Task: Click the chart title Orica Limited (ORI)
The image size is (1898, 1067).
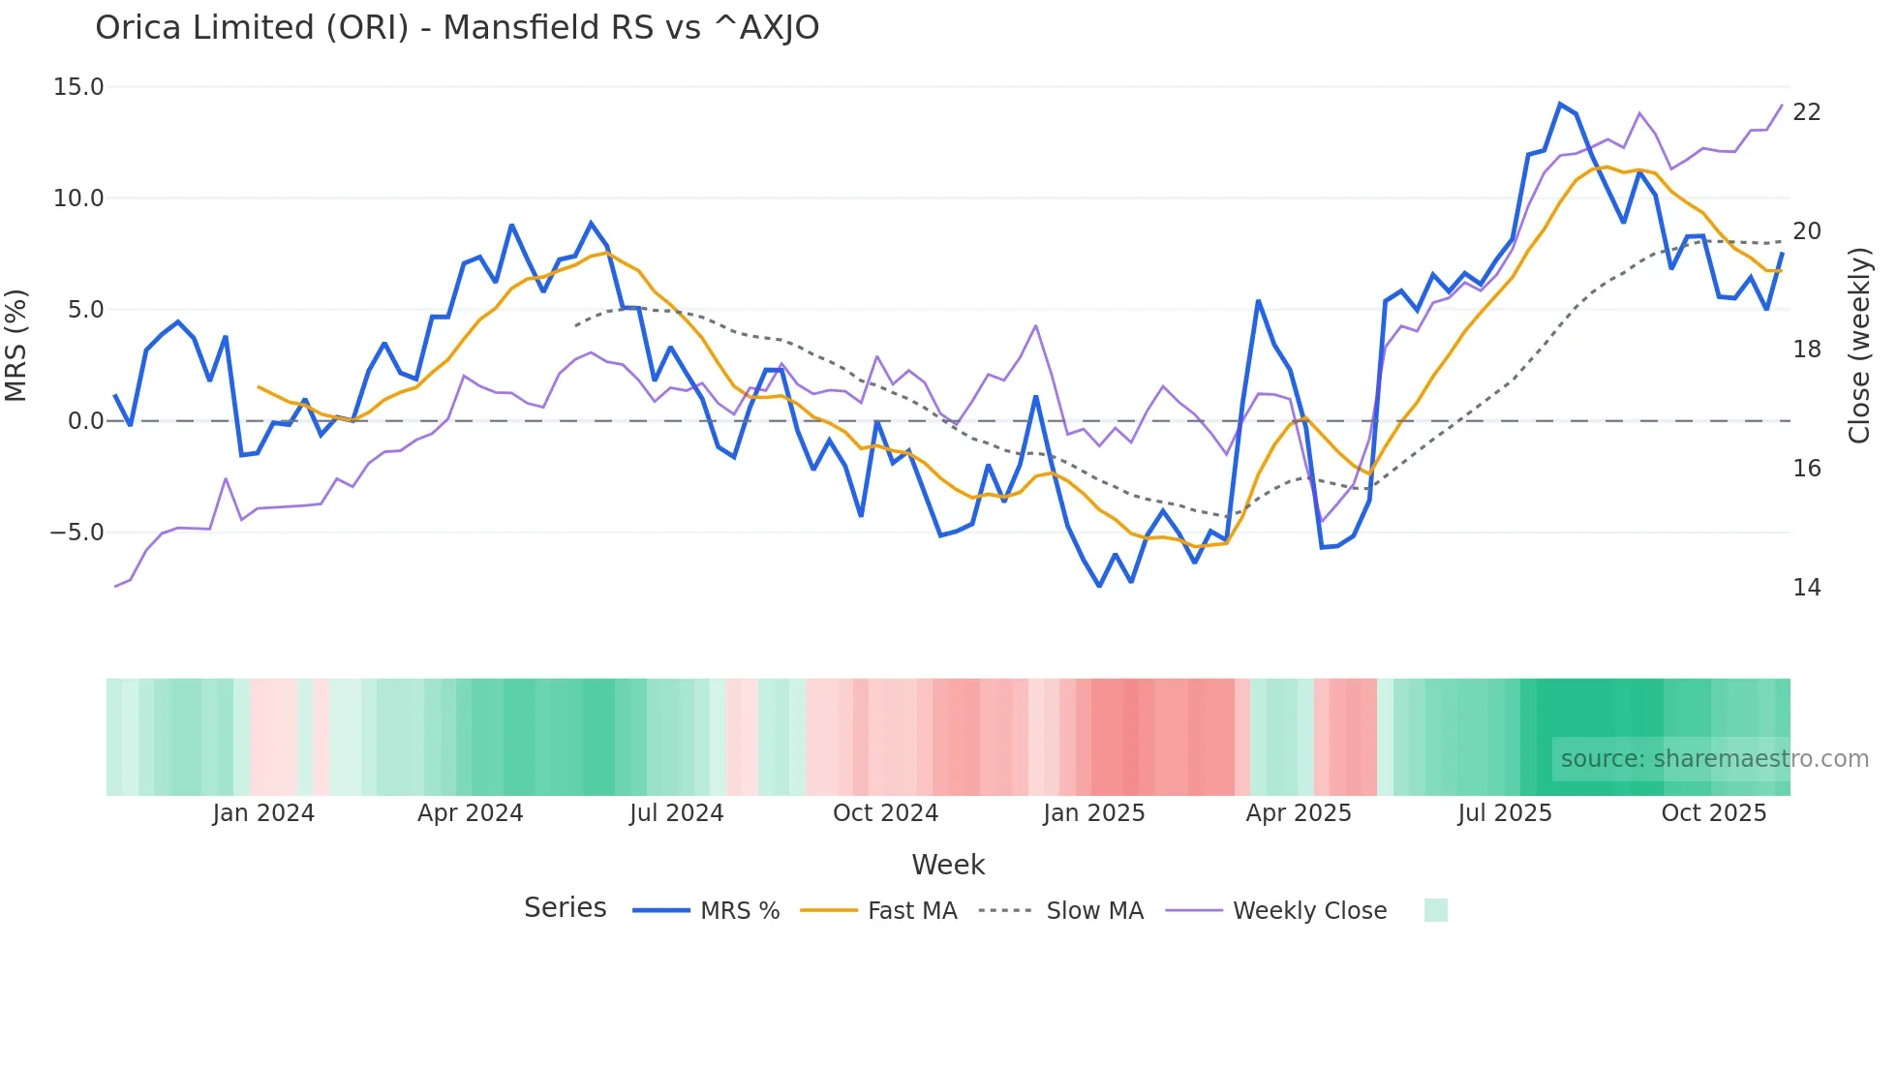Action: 456,28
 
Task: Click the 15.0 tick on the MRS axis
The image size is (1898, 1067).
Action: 78,87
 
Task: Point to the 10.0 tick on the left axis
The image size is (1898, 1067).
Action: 78,198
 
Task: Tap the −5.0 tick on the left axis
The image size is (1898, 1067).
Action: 77,533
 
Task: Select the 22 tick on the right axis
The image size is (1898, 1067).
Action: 1806,112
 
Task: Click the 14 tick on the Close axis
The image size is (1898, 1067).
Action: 1806,588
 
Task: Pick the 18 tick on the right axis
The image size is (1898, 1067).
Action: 1806,350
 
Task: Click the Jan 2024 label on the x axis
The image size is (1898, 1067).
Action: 263,813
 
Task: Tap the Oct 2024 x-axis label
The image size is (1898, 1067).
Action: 885,813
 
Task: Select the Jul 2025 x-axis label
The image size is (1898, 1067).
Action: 1504,813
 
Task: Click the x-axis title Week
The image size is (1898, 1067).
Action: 948,865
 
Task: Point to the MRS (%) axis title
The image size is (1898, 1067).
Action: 16,346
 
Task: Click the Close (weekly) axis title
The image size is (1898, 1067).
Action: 1859,346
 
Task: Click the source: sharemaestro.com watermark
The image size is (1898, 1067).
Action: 1714,759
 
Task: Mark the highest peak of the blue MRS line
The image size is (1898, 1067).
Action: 1560,104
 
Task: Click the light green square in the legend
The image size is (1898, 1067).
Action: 1435,910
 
